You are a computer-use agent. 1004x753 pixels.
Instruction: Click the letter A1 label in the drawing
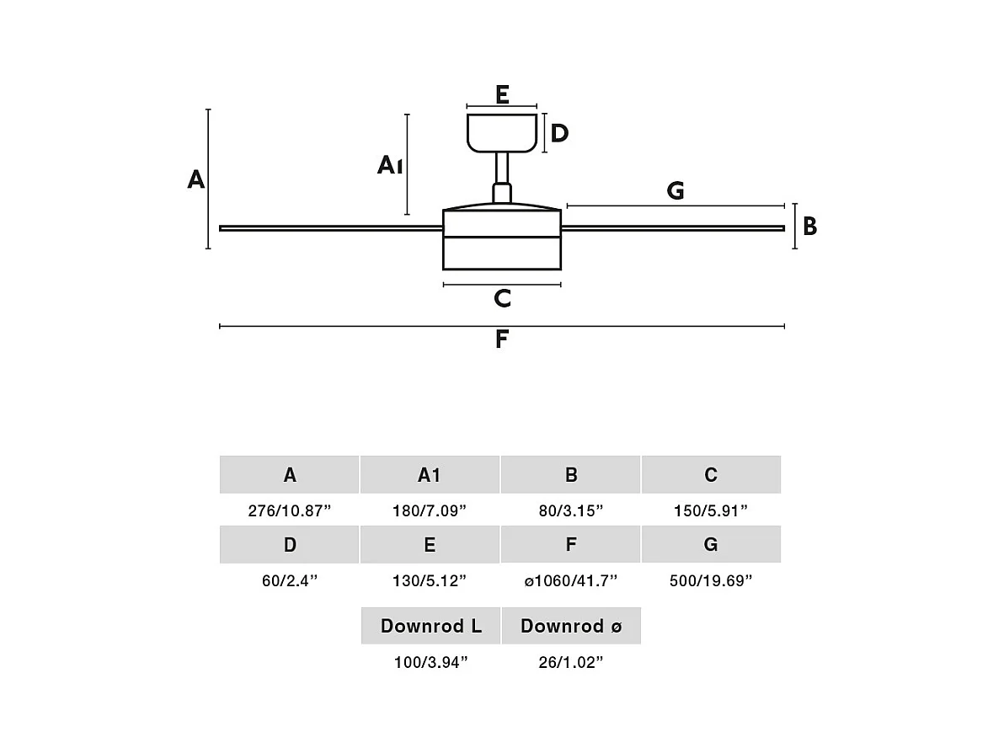pyautogui.click(x=390, y=165)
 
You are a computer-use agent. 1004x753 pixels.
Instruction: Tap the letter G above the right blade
pyautogui.click(x=676, y=191)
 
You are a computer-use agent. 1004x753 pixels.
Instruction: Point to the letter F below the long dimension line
pyautogui.click(x=502, y=339)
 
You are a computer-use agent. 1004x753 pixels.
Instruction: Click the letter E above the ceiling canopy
pyautogui.click(x=502, y=94)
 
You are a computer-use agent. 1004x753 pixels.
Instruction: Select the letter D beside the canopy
pyautogui.click(x=559, y=133)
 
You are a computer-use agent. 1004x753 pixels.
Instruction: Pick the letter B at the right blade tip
pyautogui.click(x=809, y=227)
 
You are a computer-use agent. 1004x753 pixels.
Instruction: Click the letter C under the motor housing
pyautogui.click(x=502, y=298)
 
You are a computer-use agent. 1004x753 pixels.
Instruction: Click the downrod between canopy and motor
pyautogui.click(x=502, y=173)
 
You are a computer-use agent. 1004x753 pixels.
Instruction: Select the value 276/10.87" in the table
pyautogui.click(x=290, y=510)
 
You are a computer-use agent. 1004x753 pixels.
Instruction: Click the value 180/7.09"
pyautogui.click(x=430, y=510)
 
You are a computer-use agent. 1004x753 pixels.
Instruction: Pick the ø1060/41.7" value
pyautogui.click(x=571, y=580)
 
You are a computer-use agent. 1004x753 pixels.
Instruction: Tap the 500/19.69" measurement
pyautogui.click(x=711, y=580)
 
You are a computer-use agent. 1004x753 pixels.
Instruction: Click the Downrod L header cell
pyautogui.click(x=430, y=626)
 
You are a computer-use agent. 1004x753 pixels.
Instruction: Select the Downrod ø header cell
pyautogui.click(x=571, y=626)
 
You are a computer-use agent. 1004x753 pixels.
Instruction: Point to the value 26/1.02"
pyautogui.click(x=571, y=662)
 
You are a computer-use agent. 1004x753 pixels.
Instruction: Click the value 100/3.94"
pyautogui.click(x=430, y=662)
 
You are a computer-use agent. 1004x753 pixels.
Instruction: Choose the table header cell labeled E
pyautogui.click(x=430, y=545)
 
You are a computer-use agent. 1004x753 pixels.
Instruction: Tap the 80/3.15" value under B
pyautogui.click(x=571, y=510)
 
